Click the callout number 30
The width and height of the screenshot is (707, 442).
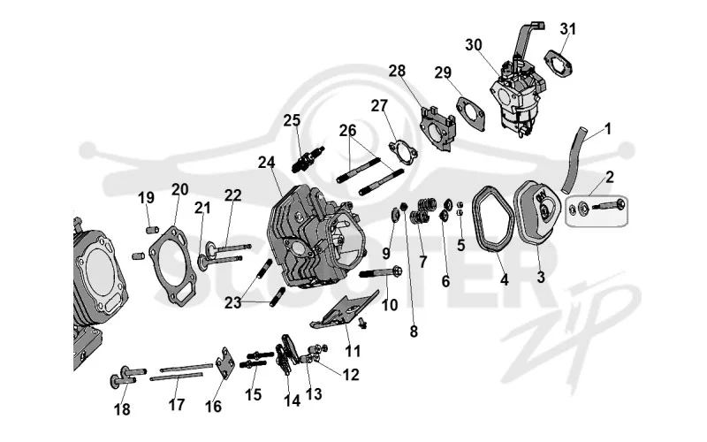pos(474,45)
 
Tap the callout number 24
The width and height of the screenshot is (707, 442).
pos(266,163)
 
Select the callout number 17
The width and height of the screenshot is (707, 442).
pos(177,405)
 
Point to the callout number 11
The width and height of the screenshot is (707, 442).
pos(353,351)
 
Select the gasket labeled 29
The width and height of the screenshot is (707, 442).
pos(470,111)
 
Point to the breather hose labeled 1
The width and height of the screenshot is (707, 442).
pos(574,159)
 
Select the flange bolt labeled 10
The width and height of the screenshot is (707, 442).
pos(382,272)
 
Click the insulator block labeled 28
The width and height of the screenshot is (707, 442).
pos(437,126)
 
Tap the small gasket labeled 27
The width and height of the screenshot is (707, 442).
pos(403,150)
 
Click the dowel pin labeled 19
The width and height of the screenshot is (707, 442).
pos(152,230)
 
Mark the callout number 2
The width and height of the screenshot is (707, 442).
pos(609,177)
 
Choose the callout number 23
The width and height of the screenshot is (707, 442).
pos(232,302)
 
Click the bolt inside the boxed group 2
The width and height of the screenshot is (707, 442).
pos(608,206)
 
